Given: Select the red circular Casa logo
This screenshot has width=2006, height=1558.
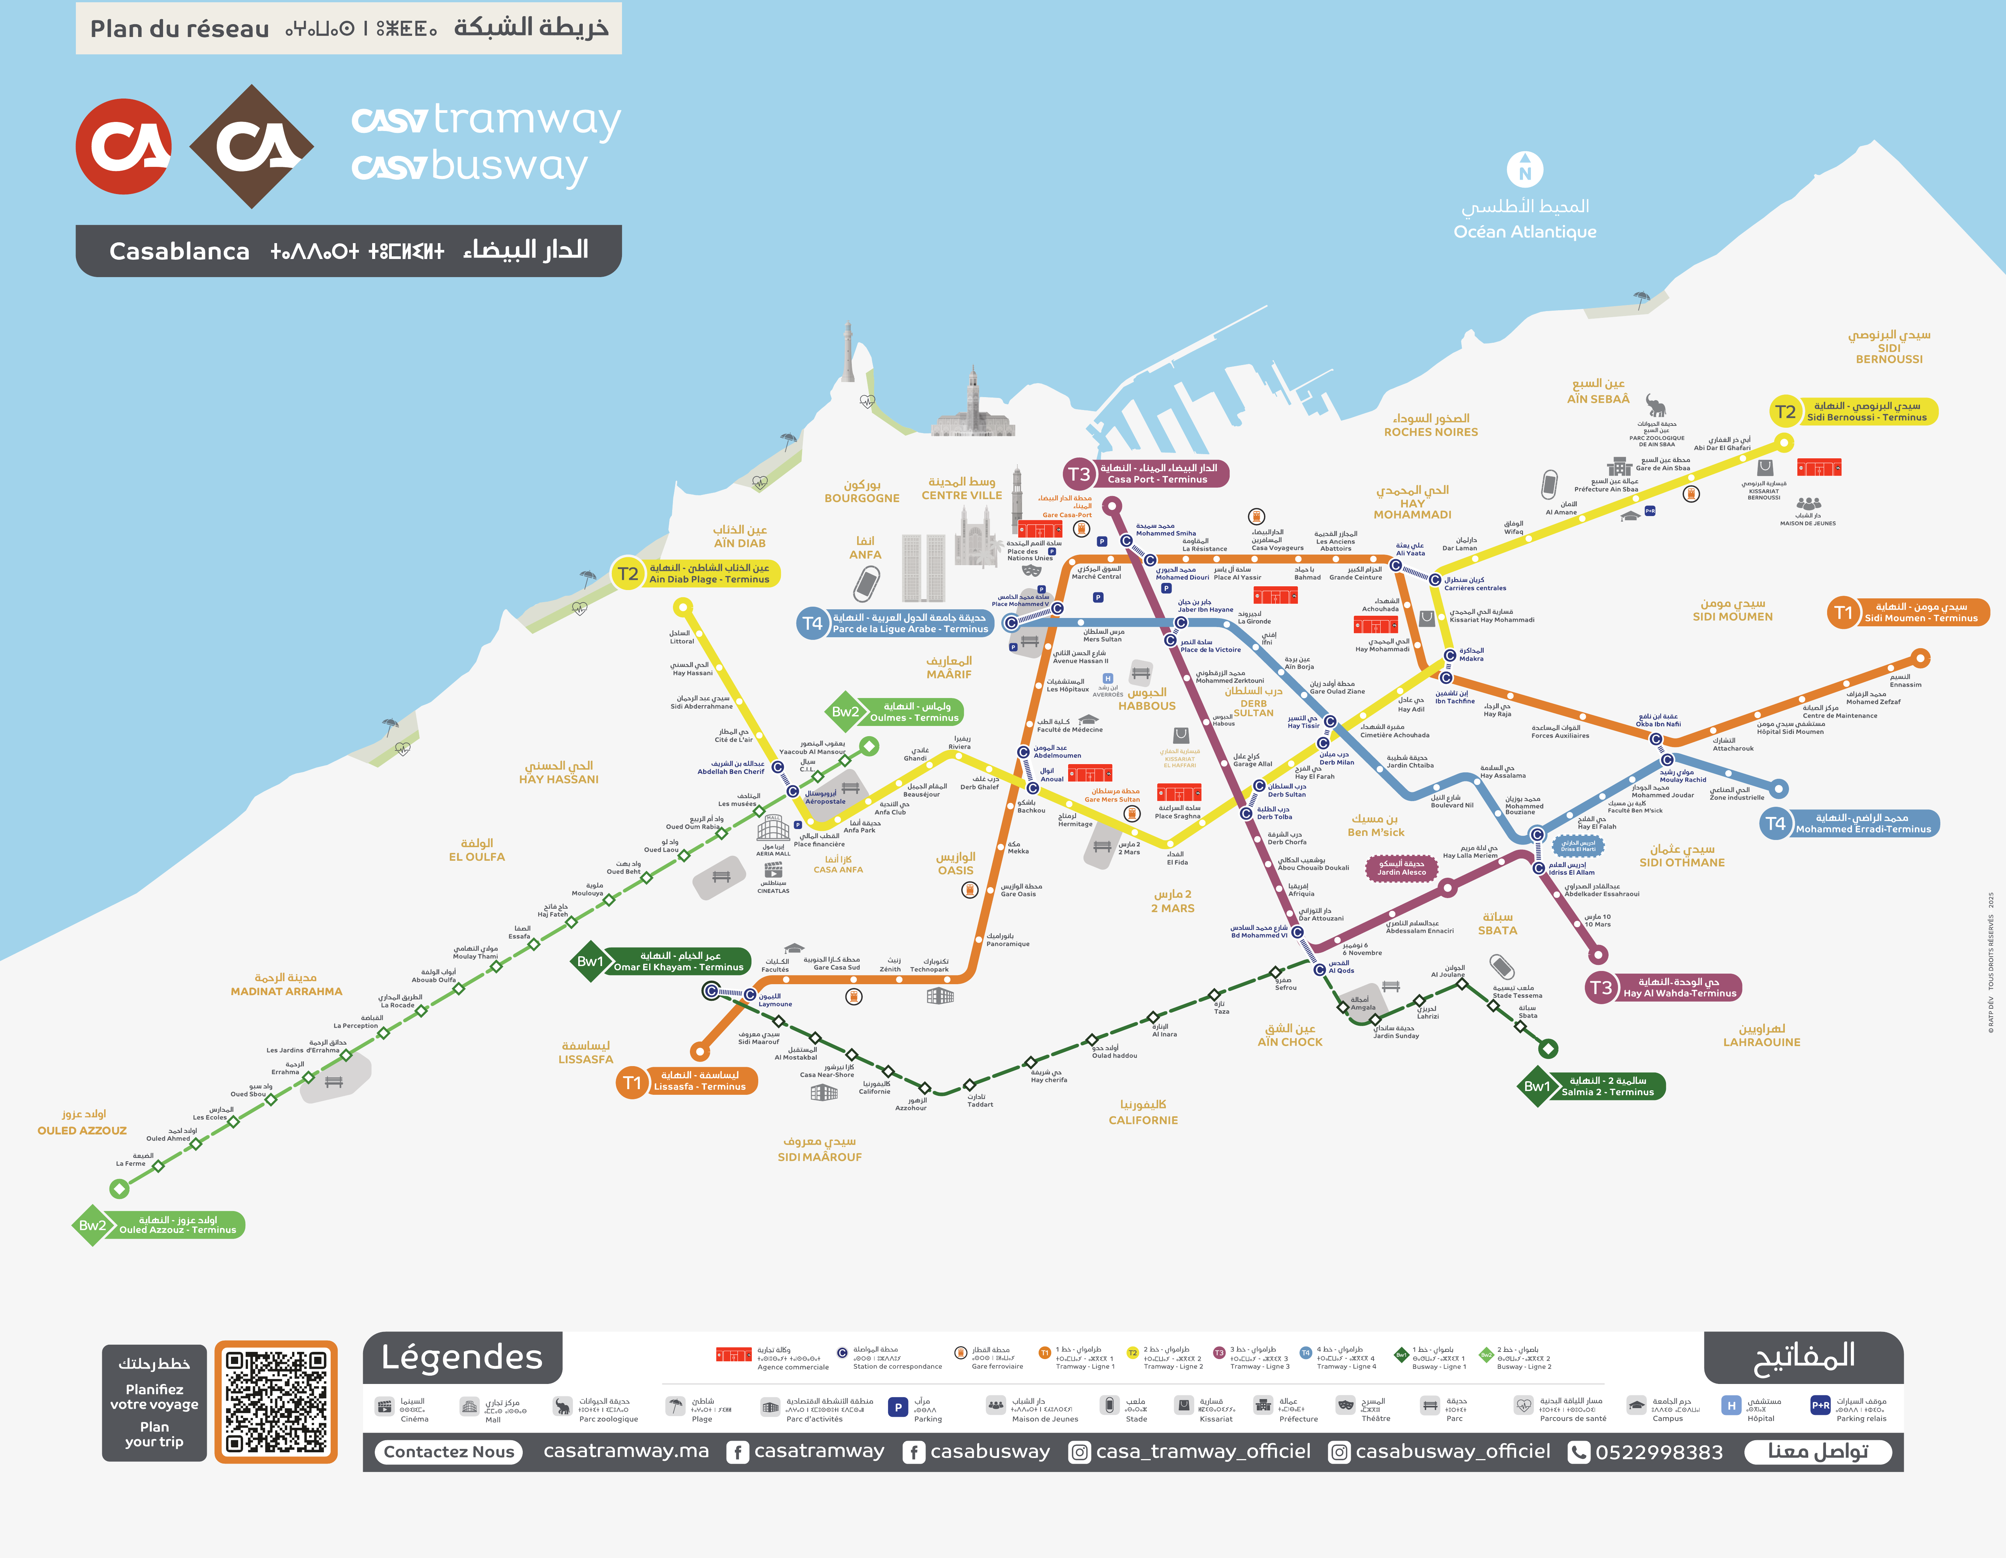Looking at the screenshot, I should point(123,146).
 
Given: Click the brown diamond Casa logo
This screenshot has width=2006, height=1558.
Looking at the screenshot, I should point(252,146).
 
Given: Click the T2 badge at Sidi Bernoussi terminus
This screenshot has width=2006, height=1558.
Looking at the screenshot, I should point(1785,411).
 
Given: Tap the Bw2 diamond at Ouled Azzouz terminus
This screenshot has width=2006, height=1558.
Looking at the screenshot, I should point(92,1225).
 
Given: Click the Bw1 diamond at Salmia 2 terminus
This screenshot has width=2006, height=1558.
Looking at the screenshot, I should point(1536,1086).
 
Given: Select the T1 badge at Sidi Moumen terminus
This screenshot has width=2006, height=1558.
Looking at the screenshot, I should point(1843,613).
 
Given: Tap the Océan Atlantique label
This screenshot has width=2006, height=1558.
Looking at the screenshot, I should point(1525,231).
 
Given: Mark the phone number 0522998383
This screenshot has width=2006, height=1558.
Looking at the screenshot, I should point(1659,1452).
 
